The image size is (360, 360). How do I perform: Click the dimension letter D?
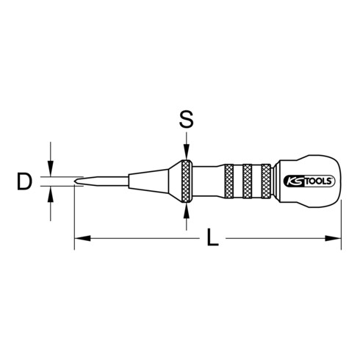click(x=25, y=181)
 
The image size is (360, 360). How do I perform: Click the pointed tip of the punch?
click(x=76, y=181)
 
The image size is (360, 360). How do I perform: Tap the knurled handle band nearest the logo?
click(x=270, y=181)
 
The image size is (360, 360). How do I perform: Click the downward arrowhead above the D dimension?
click(x=50, y=170)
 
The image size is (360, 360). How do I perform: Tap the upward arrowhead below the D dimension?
click(x=50, y=192)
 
